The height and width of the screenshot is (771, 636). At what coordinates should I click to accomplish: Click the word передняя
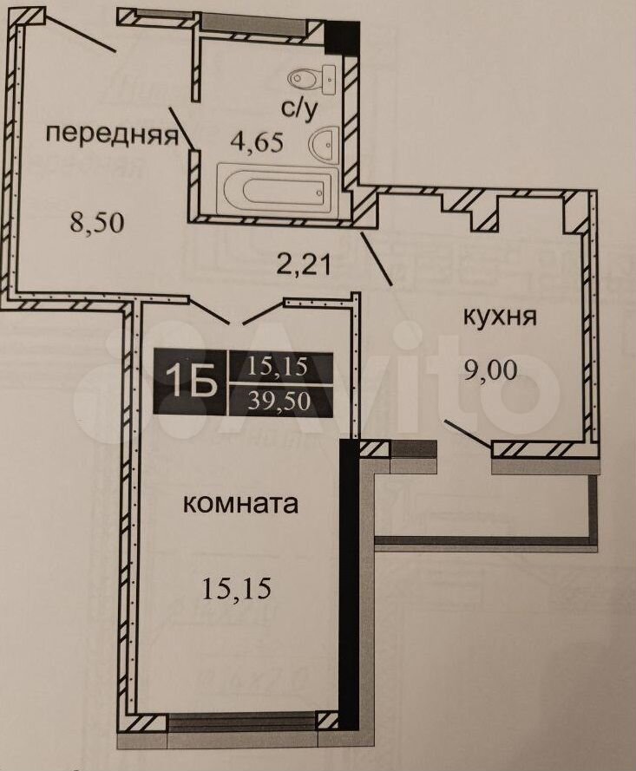pos(112,134)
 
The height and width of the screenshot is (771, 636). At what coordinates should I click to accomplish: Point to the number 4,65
pos(257,142)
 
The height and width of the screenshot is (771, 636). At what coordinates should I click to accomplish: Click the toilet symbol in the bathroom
pos(311,78)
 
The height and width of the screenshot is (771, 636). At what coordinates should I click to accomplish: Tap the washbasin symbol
pos(325,143)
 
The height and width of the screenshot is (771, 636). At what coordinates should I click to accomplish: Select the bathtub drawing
pos(278,190)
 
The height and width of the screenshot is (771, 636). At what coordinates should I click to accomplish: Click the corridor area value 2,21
pos(303,265)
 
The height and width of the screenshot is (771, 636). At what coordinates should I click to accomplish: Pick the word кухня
pos(500,317)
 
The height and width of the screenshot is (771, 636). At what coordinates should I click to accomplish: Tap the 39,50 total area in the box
pos(279,402)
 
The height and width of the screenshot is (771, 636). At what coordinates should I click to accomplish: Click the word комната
pos(241,504)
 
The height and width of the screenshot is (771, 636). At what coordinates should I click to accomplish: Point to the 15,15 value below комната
pos(237,588)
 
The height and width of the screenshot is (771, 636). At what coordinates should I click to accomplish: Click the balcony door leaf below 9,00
pos(469,433)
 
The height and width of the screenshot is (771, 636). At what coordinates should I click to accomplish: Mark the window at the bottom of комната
pos(241,722)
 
